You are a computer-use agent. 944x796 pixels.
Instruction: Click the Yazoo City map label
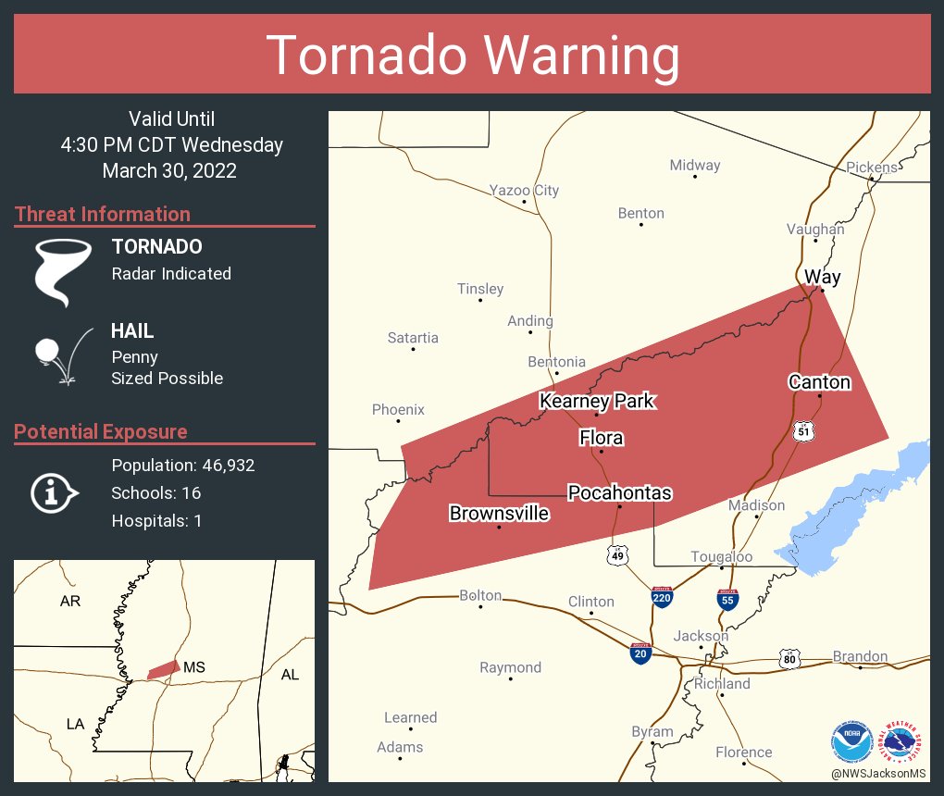[x=524, y=191]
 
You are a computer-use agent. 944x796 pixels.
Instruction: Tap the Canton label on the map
[x=819, y=382]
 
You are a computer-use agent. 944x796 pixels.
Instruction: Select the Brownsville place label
[x=499, y=514]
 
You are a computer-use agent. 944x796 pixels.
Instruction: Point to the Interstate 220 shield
[x=662, y=597]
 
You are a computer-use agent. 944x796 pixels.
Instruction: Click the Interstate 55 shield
[x=727, y=599]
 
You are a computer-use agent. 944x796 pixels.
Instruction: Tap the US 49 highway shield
[x=617, y=555]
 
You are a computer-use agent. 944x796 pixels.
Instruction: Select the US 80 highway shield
[x=789, y=659]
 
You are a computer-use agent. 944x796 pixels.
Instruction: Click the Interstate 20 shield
[x=640, y=653]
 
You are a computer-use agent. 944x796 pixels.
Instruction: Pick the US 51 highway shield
[x=803, y=429]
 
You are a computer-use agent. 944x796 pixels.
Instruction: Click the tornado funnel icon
[x=62, y=272]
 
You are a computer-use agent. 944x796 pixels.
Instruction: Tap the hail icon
[x=61, y=354]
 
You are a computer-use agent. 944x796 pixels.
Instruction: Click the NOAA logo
[x=851, y=741]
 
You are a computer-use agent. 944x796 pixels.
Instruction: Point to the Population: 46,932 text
[x=182, y=465]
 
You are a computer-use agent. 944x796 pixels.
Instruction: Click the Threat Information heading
[x=103, y=215]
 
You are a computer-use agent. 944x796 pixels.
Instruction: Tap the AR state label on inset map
[x=70, y=602]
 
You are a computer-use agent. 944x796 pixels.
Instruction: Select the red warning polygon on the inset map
[x=164, y=669]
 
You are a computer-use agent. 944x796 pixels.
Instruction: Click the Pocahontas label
[x=619, y=492]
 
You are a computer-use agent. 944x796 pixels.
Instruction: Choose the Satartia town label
[x=413, y=338]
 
